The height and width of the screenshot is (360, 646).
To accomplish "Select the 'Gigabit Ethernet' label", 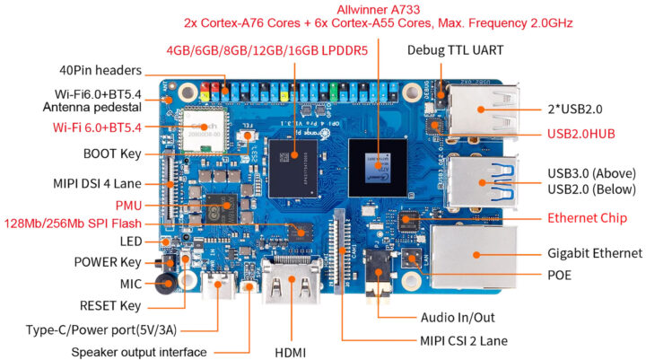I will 595,253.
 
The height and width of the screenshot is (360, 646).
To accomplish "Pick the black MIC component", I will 165,283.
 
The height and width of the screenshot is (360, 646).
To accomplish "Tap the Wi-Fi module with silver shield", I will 203,127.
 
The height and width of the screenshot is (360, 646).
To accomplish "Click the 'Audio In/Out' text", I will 458,317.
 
